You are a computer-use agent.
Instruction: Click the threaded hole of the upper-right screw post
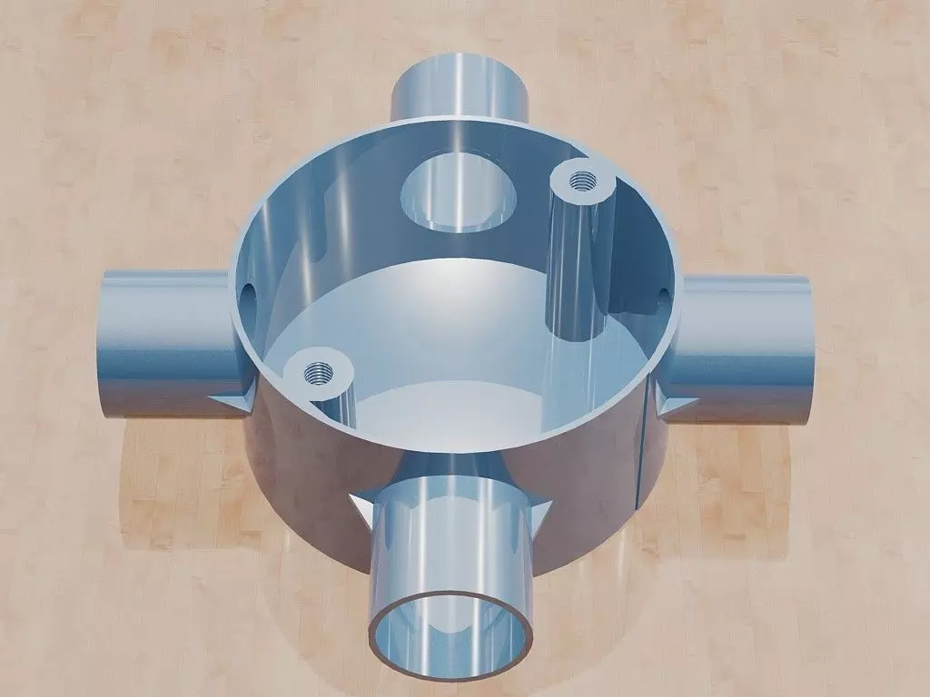point(581,182)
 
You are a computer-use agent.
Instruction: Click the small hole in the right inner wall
point(662,295)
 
